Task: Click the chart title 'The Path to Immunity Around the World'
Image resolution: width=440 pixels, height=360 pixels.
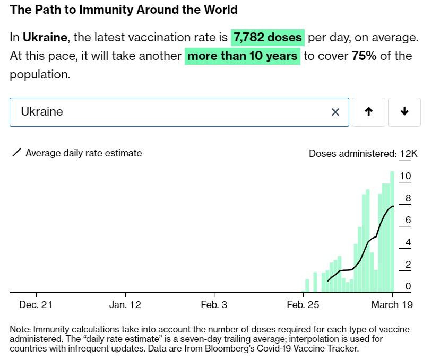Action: pos(124,10)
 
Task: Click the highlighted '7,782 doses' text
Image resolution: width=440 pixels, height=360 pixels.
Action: pos(268,37)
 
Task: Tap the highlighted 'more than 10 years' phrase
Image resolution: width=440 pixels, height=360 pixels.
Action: pos(243,56)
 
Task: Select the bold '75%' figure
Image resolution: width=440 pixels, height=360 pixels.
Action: pos(364,56)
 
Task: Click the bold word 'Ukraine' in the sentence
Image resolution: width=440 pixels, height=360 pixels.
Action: pos(45,37)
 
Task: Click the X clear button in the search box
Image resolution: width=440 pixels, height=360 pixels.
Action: pos(335,112)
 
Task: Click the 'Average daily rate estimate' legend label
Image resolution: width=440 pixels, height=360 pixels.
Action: pos(83,153)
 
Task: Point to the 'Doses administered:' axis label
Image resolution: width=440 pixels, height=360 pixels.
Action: pos(352,154)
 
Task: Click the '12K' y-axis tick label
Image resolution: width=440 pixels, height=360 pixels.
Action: pos(409,154)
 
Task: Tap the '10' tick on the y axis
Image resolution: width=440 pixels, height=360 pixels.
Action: pos(406,176)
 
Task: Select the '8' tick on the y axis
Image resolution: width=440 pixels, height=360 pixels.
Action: pos(408,198)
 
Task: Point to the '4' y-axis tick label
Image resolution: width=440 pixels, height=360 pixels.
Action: pos(408,242)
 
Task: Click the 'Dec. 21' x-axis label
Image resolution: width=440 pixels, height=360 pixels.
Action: pos(36,304)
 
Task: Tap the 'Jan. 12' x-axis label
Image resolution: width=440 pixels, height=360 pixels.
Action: pos(125,304)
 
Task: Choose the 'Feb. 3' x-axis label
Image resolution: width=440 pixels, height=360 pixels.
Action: pos(214,304)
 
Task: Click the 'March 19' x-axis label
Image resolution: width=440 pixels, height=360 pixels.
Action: pos(392,304)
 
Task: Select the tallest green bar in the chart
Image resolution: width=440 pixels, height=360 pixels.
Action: pos(392,231)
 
